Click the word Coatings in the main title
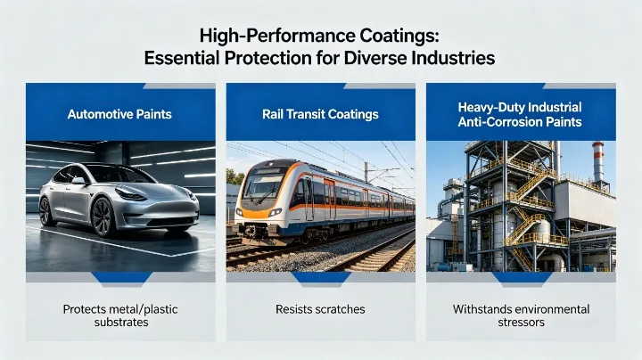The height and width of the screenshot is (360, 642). [x=388, y=37]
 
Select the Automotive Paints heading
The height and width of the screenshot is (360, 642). [x=120, y=114]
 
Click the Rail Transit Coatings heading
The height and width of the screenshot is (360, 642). [x=320, y=114]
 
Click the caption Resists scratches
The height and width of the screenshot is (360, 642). [x=320, y=309]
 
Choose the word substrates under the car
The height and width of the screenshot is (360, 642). [x=120, y=323]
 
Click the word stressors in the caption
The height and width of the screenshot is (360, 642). [x=521, y=323]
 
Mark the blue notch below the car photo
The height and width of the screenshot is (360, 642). [x=119, y=278]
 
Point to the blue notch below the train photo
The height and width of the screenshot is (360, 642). [x=320, y=278]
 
